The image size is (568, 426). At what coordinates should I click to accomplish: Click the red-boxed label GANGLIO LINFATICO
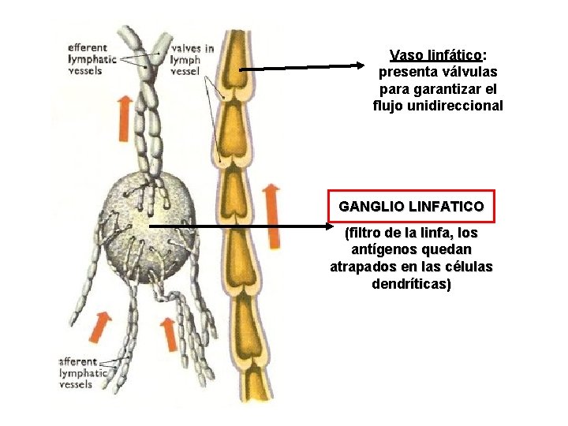pyautogui.click(x=411, y=206)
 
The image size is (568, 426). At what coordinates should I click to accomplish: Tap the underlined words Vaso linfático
pyautogui.click(x=436, y=55)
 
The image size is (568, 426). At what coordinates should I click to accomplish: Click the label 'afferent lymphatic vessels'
pyautogui.click(x=84, y=372)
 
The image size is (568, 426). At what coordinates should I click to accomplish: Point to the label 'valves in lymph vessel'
pyautogui.click(x=192, y=59)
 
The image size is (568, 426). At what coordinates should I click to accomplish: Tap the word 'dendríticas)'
pyautogui.click(x=411, y=284)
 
